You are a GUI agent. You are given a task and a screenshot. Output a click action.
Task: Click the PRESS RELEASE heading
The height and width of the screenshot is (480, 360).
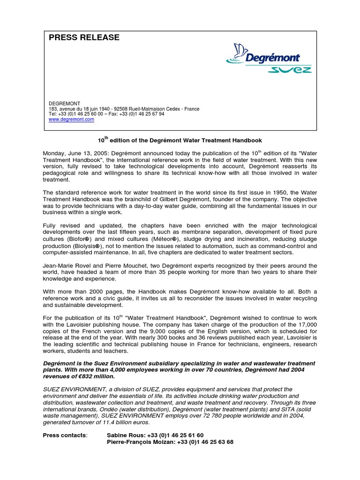pos(84,37)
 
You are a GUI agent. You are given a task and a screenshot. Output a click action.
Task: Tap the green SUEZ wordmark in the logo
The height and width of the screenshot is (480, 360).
pos(289,70)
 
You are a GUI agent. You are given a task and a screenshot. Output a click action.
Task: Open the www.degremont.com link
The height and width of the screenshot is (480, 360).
pos(71,120)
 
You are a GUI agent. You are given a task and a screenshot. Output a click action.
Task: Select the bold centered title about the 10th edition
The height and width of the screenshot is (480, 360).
pos(180,140)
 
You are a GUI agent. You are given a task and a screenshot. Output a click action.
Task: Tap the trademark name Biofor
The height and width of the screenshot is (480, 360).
pos(80,239)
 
